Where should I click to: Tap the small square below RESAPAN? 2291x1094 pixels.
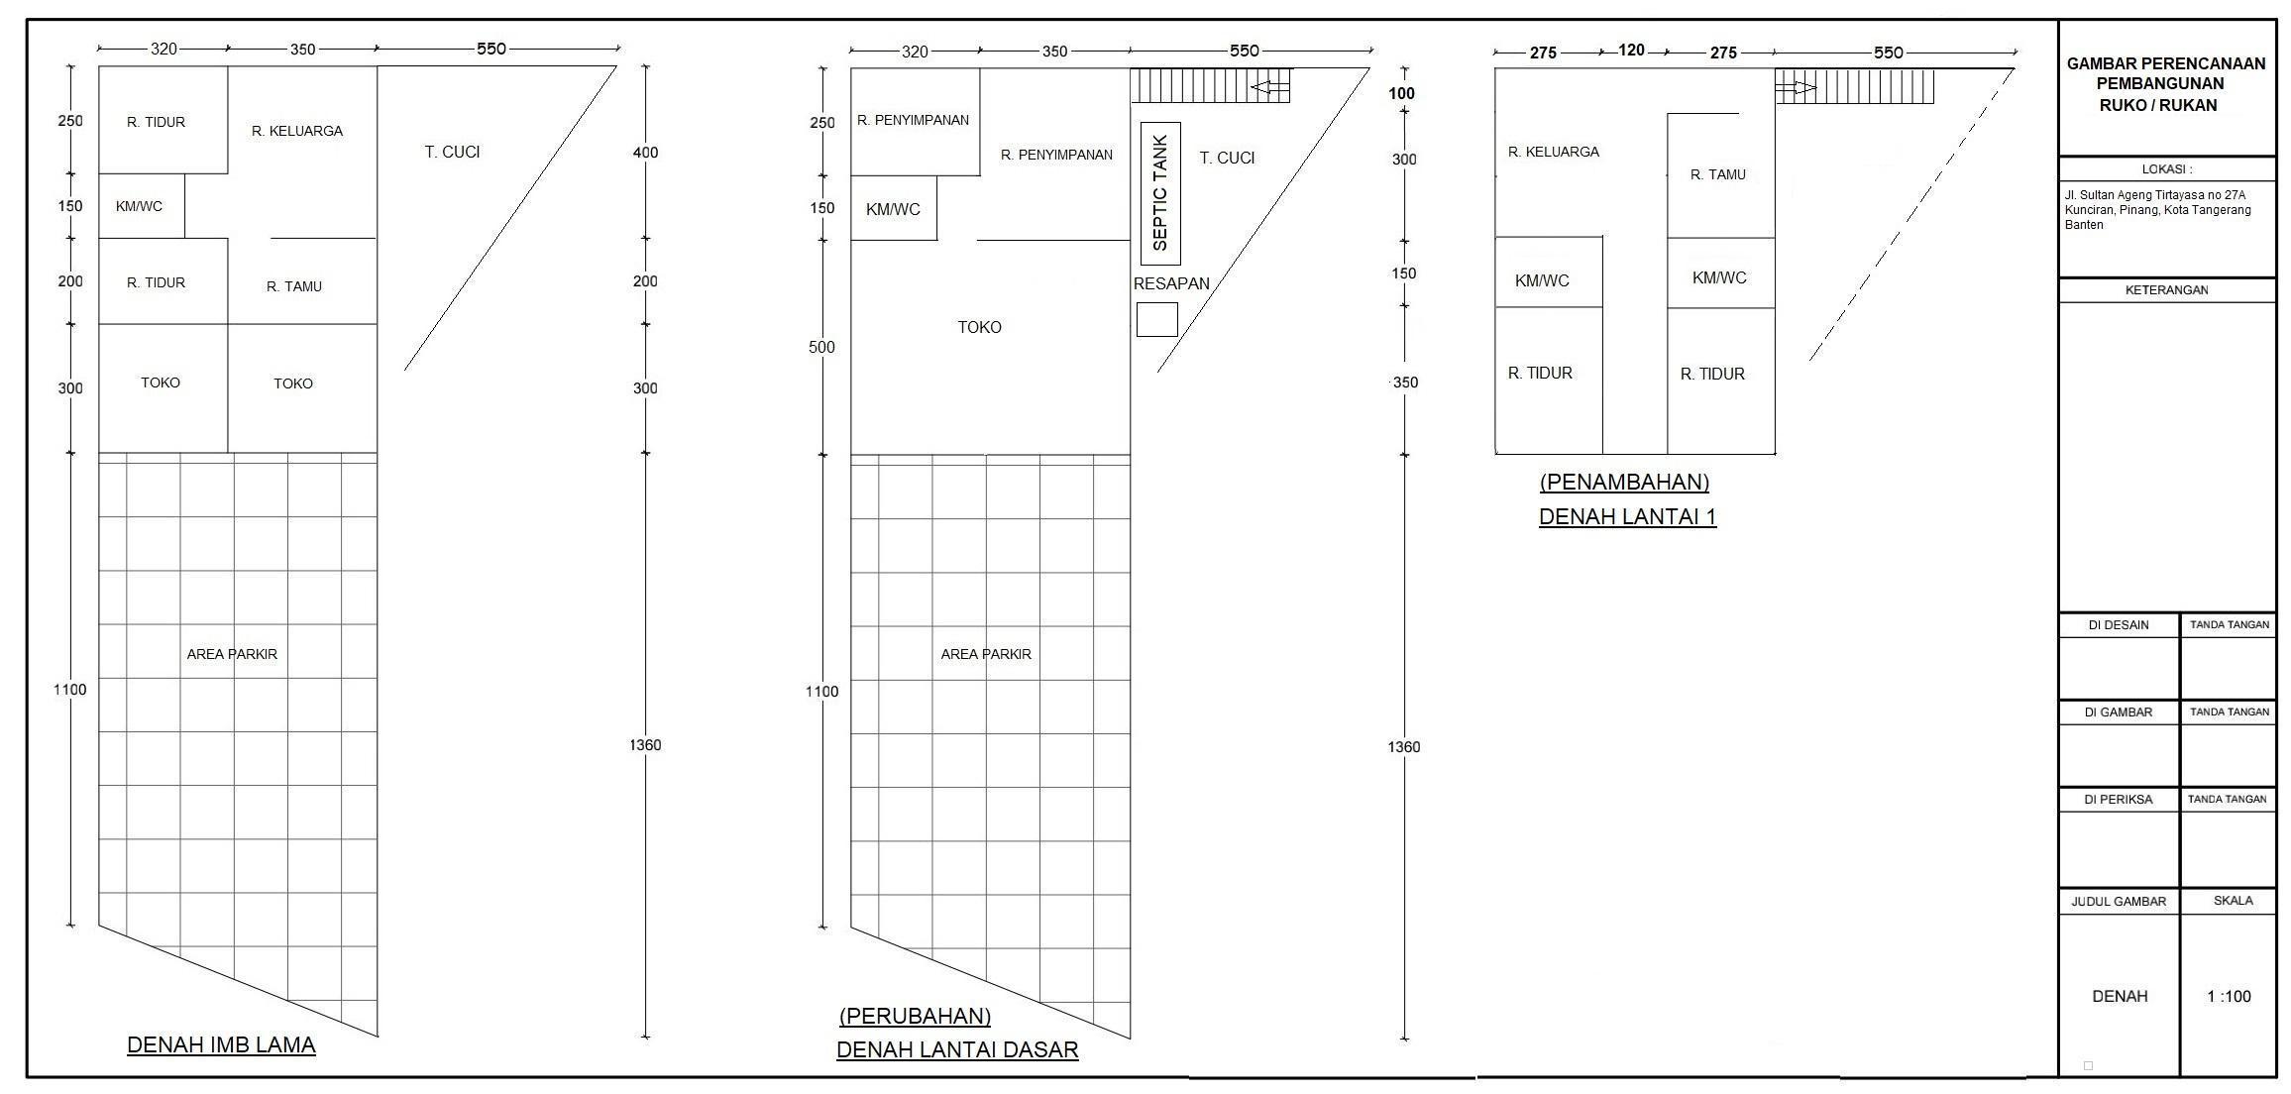coord(1156,320)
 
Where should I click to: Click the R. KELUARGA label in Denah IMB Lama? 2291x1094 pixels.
coord(297,131)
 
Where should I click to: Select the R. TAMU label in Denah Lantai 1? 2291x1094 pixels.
coord(1718,174)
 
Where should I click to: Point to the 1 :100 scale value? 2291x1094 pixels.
coord(2229,996)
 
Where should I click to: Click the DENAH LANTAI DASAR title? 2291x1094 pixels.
coord(957,1049)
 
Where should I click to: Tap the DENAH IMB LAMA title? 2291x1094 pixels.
coord(221,1044)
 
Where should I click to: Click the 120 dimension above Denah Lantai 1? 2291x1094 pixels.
coord(1631,50)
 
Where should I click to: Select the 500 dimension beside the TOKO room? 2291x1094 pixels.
coord(821,347)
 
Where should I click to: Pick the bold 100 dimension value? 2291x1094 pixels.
coord(1402,93)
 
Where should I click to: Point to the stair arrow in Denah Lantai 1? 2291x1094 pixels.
coord(1796,88)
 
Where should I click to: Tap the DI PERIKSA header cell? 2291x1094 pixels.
coord(2119,800)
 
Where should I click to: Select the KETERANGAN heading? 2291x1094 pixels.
coord(2167,290)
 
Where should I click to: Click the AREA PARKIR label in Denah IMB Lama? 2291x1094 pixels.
coord(232,654)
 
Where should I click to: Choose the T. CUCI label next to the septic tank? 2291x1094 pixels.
coord(1227,158)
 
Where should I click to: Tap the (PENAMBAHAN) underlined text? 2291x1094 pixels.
coord(1624,482)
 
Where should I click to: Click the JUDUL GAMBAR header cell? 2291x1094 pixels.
coord(2119,902)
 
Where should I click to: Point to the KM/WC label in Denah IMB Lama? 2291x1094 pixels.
coord(139,206)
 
